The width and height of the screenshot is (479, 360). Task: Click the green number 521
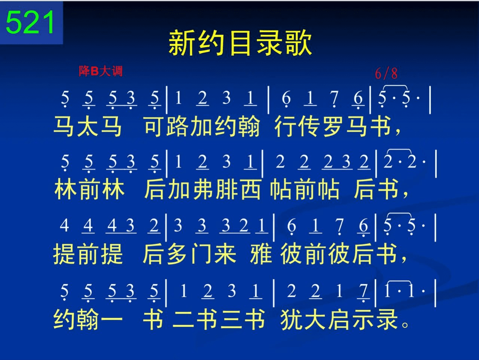30,22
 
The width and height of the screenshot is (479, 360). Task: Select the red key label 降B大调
101,71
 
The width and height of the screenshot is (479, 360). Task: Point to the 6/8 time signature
386,73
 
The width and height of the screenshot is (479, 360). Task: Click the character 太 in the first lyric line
87,126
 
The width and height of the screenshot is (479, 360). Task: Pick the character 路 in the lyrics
177,126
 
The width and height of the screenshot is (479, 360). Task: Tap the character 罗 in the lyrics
333,126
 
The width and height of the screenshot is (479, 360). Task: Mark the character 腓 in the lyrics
227,189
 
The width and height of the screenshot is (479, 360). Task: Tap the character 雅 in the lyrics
261,253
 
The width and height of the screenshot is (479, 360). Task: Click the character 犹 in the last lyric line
291,319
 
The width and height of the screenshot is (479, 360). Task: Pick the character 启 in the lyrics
339,319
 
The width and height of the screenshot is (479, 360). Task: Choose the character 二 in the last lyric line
183,319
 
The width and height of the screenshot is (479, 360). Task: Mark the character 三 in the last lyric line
231,319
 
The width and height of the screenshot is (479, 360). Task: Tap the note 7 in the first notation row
334,98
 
